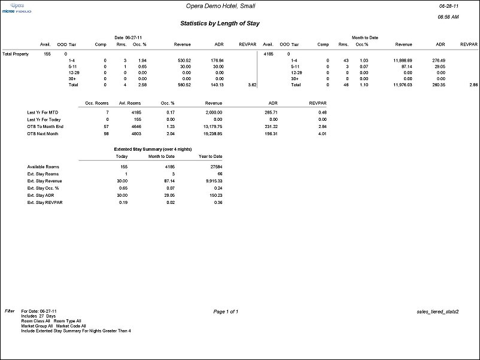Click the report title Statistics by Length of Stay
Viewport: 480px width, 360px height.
click(x=220, y=23)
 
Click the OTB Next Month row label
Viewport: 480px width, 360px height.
click(x=42, y=133)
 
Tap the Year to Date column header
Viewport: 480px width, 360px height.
click(x=210, y=156)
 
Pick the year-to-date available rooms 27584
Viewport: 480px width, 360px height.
click(x=213, y=166)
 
